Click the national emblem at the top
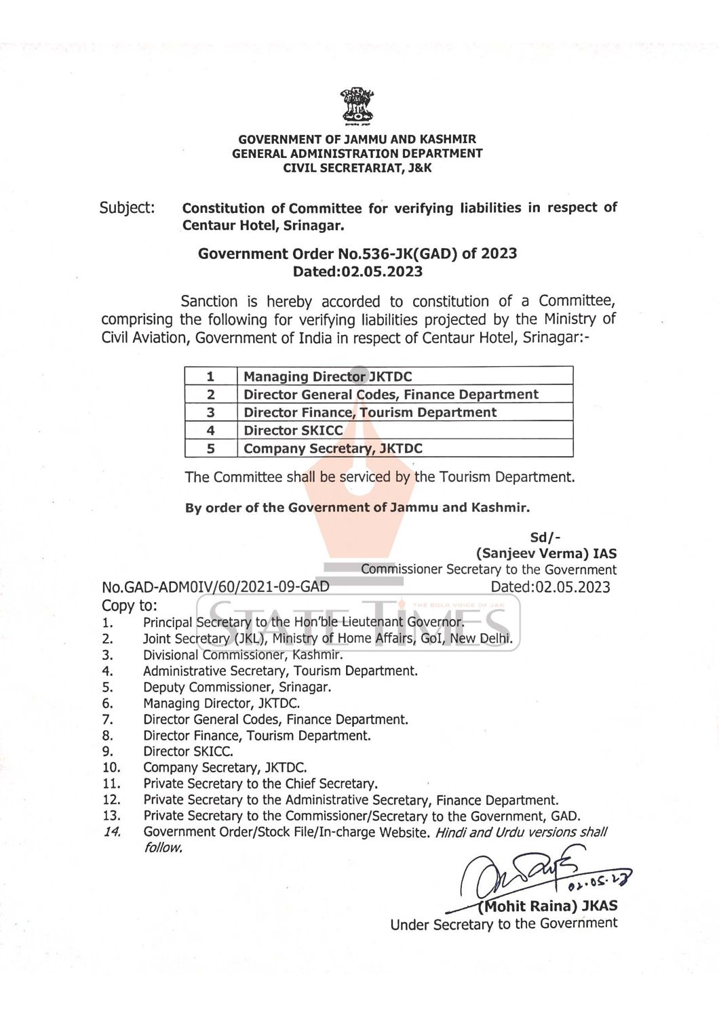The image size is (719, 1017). pos(357,107)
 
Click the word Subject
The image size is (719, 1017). pos(127,207)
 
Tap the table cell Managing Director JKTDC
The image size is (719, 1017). pos(328,376)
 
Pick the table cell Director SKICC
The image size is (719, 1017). pos(293,430)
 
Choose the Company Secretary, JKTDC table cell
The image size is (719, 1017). pos(332,448)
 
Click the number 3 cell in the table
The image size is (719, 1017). pos(211,412)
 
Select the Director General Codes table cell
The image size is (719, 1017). pos(391,395)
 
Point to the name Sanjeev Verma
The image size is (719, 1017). pos(532,553)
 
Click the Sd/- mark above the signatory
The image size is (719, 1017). pos(545,537)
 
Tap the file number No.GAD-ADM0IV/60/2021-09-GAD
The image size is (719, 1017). pos(216,586)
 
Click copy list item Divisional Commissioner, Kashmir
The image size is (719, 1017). pos(243,655)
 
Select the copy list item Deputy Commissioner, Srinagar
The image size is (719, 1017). pos(237,687)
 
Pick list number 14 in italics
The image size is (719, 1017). pos(111,832)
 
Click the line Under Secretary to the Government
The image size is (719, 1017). pos(503,923)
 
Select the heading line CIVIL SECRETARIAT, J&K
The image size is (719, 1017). pos(357,167)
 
